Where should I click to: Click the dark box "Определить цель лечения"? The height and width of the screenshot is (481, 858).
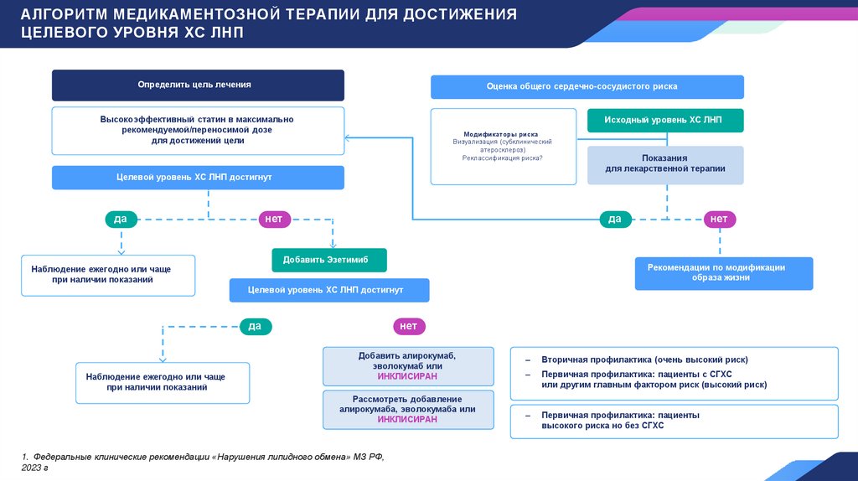tap(198, 85)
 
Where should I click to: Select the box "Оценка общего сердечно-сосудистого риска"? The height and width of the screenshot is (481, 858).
tap(587, 87)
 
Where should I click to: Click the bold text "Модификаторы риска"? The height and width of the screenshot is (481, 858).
tap(501, 134)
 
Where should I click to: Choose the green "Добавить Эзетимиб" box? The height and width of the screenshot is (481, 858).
tap(329, 261)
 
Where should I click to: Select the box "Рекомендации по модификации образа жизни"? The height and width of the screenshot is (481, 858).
tap(723, 272)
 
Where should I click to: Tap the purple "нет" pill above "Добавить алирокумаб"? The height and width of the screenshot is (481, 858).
tap(408, 326)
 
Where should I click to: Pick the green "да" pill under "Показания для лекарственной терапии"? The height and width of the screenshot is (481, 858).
tap(614, 219)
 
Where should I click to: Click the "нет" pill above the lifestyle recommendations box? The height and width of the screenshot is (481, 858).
tap(718, 219)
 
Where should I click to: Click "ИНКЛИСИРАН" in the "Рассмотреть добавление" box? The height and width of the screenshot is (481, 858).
tap(407, 419)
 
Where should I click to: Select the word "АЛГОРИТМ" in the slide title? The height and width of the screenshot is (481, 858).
tap(67, 15)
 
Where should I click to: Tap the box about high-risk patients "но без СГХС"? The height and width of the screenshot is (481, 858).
tap(674, 420)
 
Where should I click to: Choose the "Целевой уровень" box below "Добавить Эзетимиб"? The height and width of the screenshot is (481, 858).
tap(329, 290)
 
